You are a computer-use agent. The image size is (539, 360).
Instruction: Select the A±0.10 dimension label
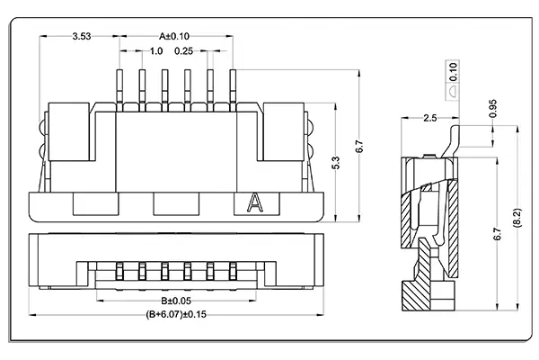[x=175, y=36]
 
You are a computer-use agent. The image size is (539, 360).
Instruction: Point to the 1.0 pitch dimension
[x=155, y=51]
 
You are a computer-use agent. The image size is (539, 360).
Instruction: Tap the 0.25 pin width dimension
[x=185, y=51]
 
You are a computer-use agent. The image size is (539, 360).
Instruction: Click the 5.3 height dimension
[x=336, y=163]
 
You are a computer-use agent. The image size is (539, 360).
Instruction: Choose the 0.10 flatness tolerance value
[x=455, y=69]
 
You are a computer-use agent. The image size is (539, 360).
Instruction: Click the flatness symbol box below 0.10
[x=455, y=90]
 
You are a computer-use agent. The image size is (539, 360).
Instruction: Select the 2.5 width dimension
[x=429, y=118]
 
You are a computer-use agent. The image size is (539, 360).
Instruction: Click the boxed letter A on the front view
[x=253, y=203]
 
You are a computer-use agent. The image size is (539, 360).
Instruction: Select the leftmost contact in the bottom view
[x=120, y=270]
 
